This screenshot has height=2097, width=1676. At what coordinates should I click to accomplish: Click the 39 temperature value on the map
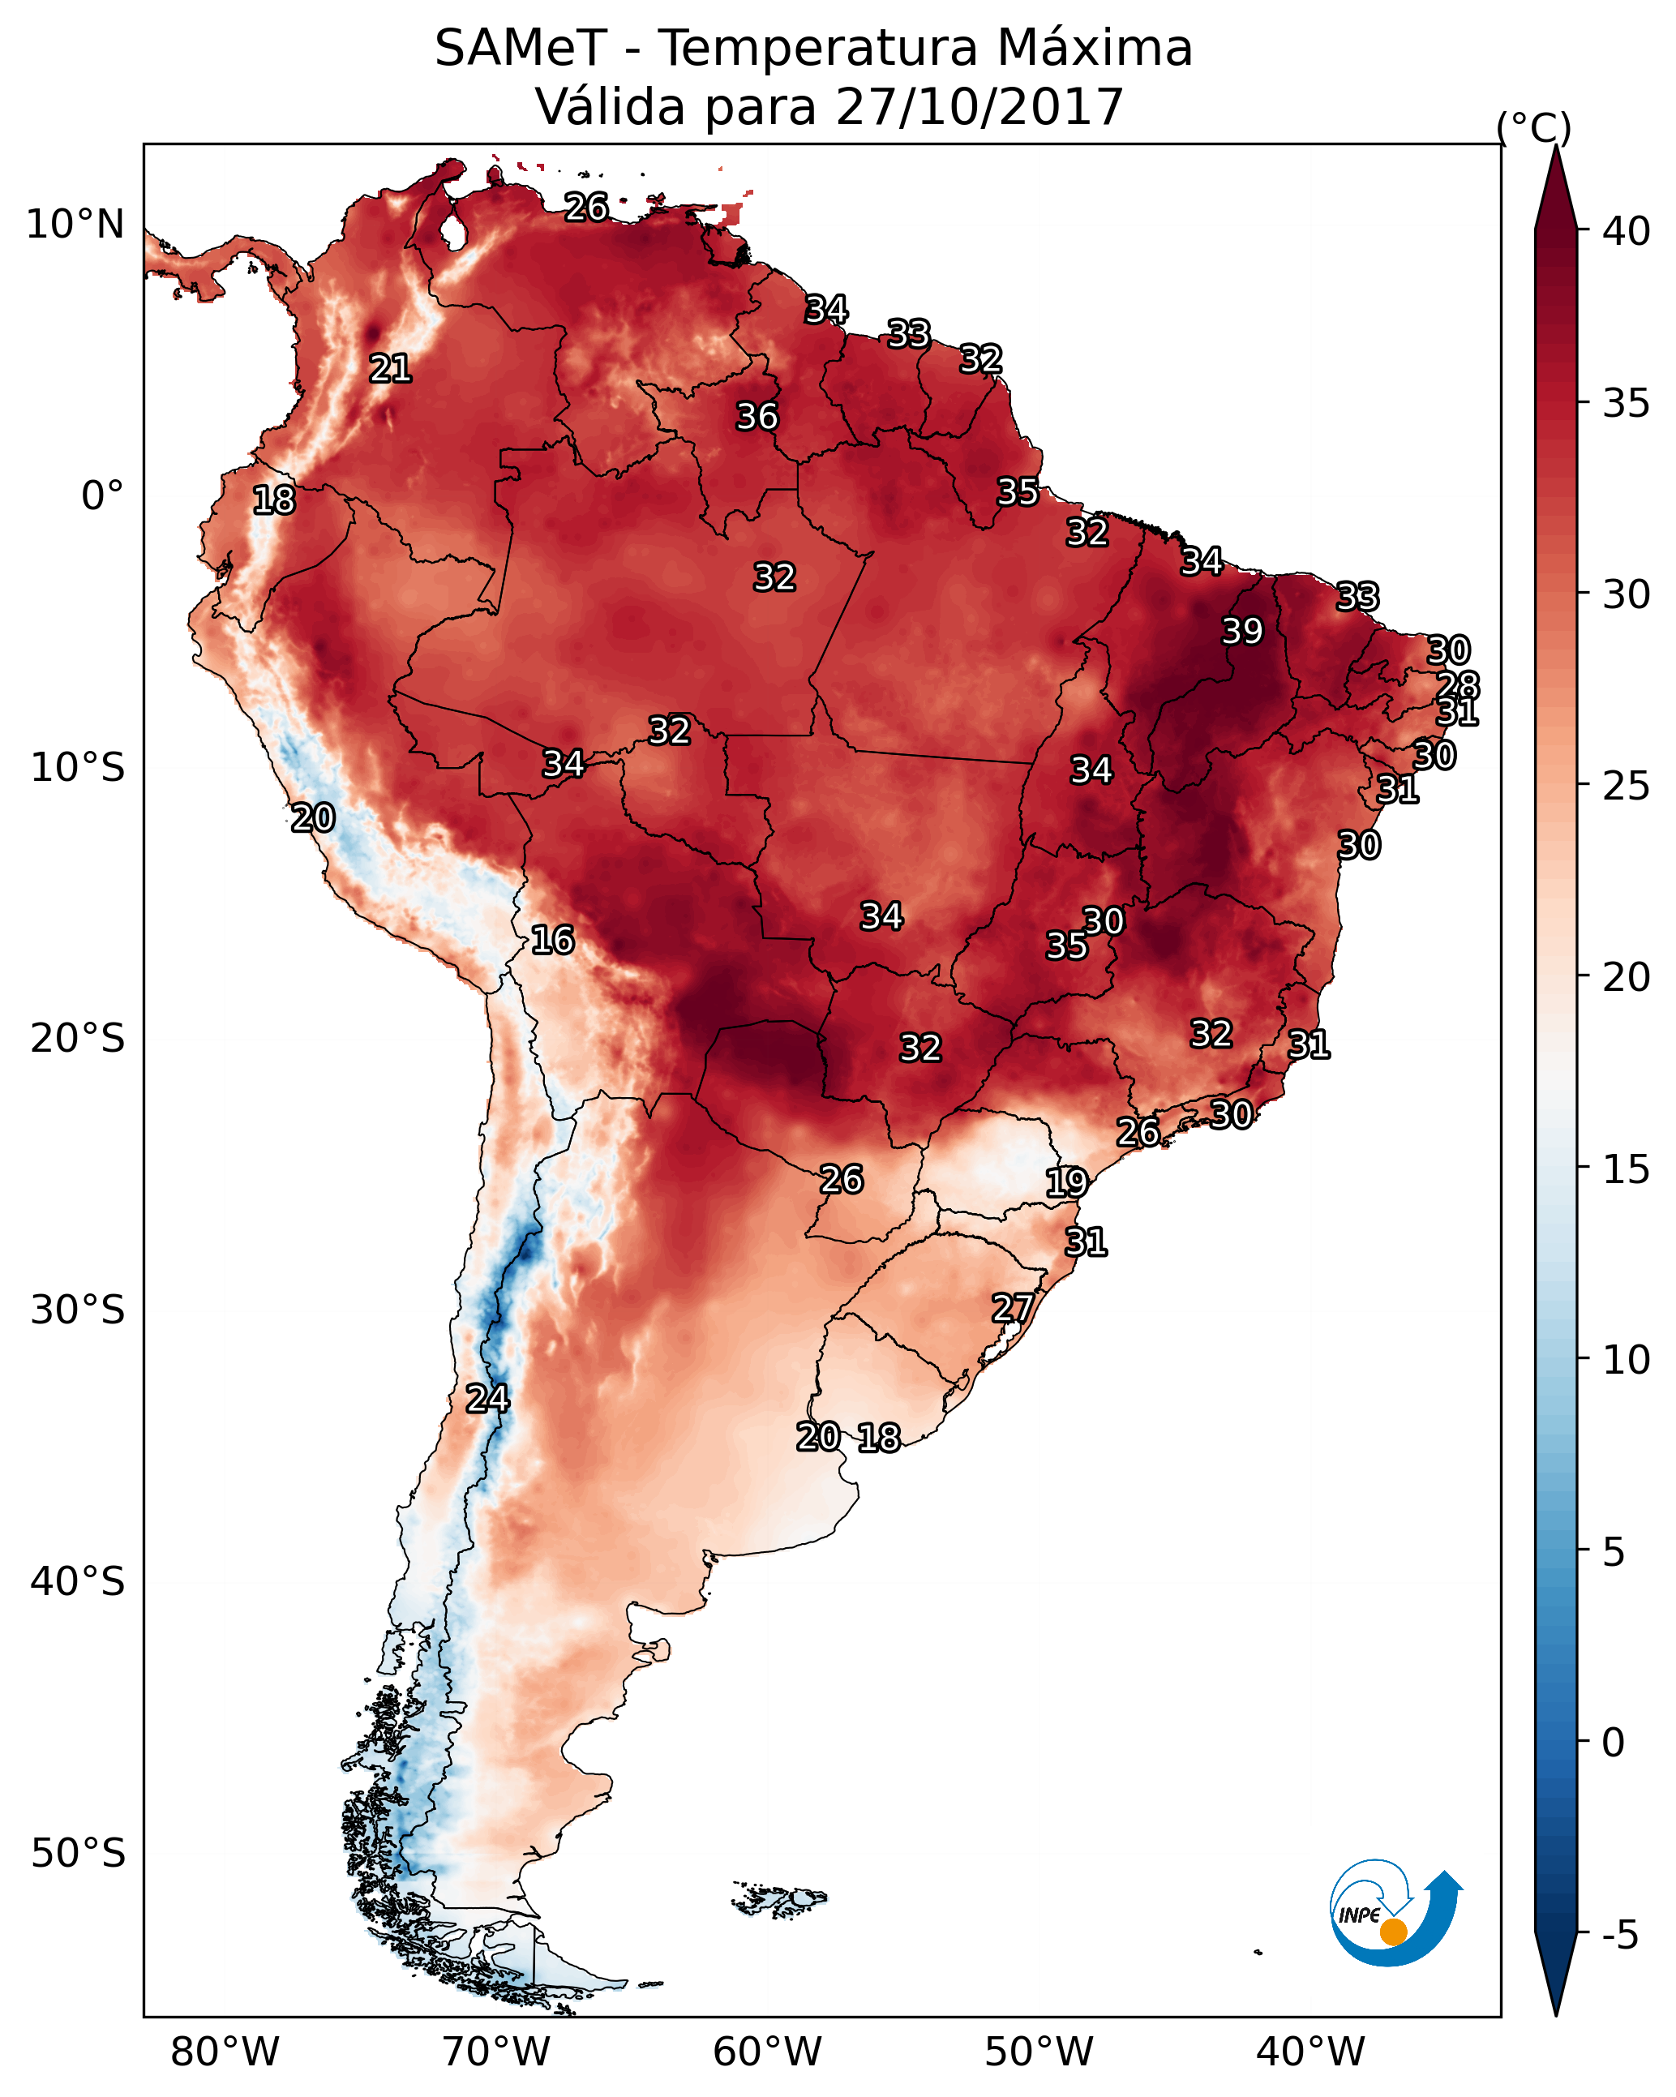(1242, 631)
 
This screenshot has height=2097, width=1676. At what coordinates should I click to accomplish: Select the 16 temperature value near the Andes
(552, 941)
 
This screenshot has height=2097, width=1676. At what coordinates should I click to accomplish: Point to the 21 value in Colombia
(390, 369)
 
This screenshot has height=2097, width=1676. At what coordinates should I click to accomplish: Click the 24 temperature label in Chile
(487, 1399)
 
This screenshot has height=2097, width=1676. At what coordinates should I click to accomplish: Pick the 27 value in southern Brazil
(1013, 1308)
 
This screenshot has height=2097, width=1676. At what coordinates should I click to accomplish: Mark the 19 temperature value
(1067, 1183)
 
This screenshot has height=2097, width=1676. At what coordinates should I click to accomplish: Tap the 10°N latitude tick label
(75, 225)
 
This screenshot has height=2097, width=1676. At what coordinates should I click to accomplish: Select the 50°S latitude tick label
(78, 1854)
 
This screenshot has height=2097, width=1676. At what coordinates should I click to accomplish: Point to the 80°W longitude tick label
(225, 2052)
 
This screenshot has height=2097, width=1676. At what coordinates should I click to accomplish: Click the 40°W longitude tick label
(1310, 2052)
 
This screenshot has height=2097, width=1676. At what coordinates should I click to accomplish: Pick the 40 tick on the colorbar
(1627, 231)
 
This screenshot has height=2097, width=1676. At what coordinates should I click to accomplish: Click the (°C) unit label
(1534, 127)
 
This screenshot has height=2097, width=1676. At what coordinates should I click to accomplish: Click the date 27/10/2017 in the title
(979, 107)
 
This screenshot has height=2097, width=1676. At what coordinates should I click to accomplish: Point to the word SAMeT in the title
(521, 49)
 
